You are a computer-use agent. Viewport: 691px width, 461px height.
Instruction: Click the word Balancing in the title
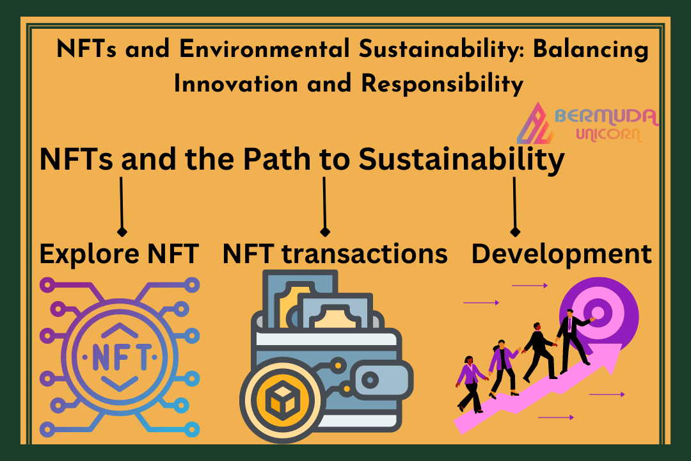(x=591, y=49)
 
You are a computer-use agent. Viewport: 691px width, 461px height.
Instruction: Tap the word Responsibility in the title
(x=442, y=84)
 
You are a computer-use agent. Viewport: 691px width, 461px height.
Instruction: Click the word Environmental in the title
(x=264, y=49)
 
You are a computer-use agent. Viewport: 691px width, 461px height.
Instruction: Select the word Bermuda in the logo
(x=607, y=117)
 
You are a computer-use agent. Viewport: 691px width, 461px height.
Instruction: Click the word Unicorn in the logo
(x=608, y=134)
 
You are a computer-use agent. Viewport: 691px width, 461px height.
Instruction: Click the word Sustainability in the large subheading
(x=461, y=159)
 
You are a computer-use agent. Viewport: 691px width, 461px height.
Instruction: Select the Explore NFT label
(x=119, y=254)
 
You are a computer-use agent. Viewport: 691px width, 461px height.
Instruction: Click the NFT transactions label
(x=335, y=254)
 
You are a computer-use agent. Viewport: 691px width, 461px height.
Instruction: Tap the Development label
(x=562, y=255)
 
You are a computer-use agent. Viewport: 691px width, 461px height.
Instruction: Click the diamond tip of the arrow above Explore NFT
(x=122, y=232)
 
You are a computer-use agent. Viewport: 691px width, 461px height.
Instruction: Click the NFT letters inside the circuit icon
(x=120, y=357)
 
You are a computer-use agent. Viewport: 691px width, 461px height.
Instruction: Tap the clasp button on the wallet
(x=370, y=380)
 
